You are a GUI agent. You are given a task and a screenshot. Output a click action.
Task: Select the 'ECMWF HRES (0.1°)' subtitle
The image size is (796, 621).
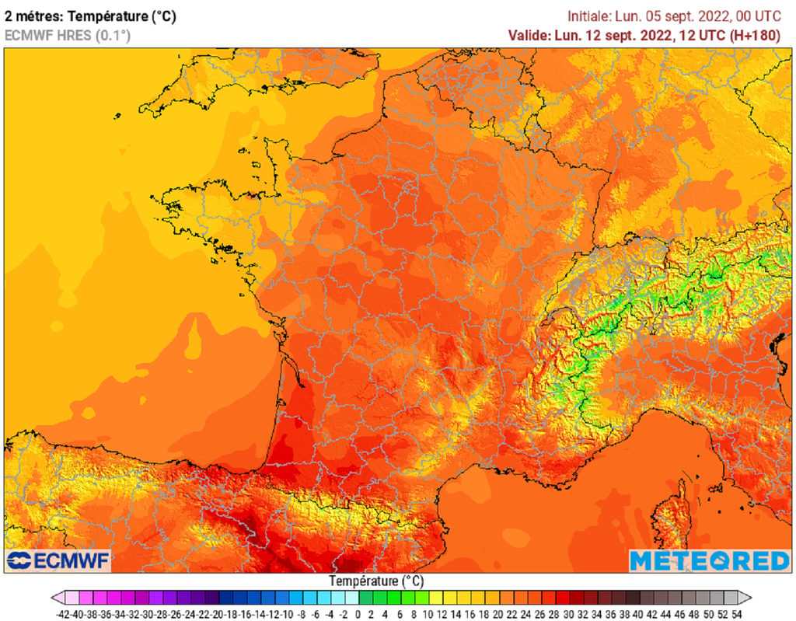pyautogui.click(x=68, y=35)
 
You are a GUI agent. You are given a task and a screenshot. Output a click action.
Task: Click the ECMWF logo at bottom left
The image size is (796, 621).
pyautogui.click(x=59, y=560)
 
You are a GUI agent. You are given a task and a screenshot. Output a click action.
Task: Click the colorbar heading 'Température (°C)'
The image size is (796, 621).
pyautogui.click(x=376, y=581)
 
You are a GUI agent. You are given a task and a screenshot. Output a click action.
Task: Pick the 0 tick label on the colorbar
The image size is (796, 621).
pyautogui.click(x=358, y=613)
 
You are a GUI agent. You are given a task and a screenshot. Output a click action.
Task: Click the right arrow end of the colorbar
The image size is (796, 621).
pyautogui.click(x=745, y=598)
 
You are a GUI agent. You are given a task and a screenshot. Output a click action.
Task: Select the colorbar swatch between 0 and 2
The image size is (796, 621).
pyautogui.click(x=365, y=598)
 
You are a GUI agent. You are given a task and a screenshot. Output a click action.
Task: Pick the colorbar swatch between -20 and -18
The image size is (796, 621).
pyautogui.click(x=225, y=598)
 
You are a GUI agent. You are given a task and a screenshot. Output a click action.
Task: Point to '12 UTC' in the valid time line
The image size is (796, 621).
pyautogui.click(x=700, y=35)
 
